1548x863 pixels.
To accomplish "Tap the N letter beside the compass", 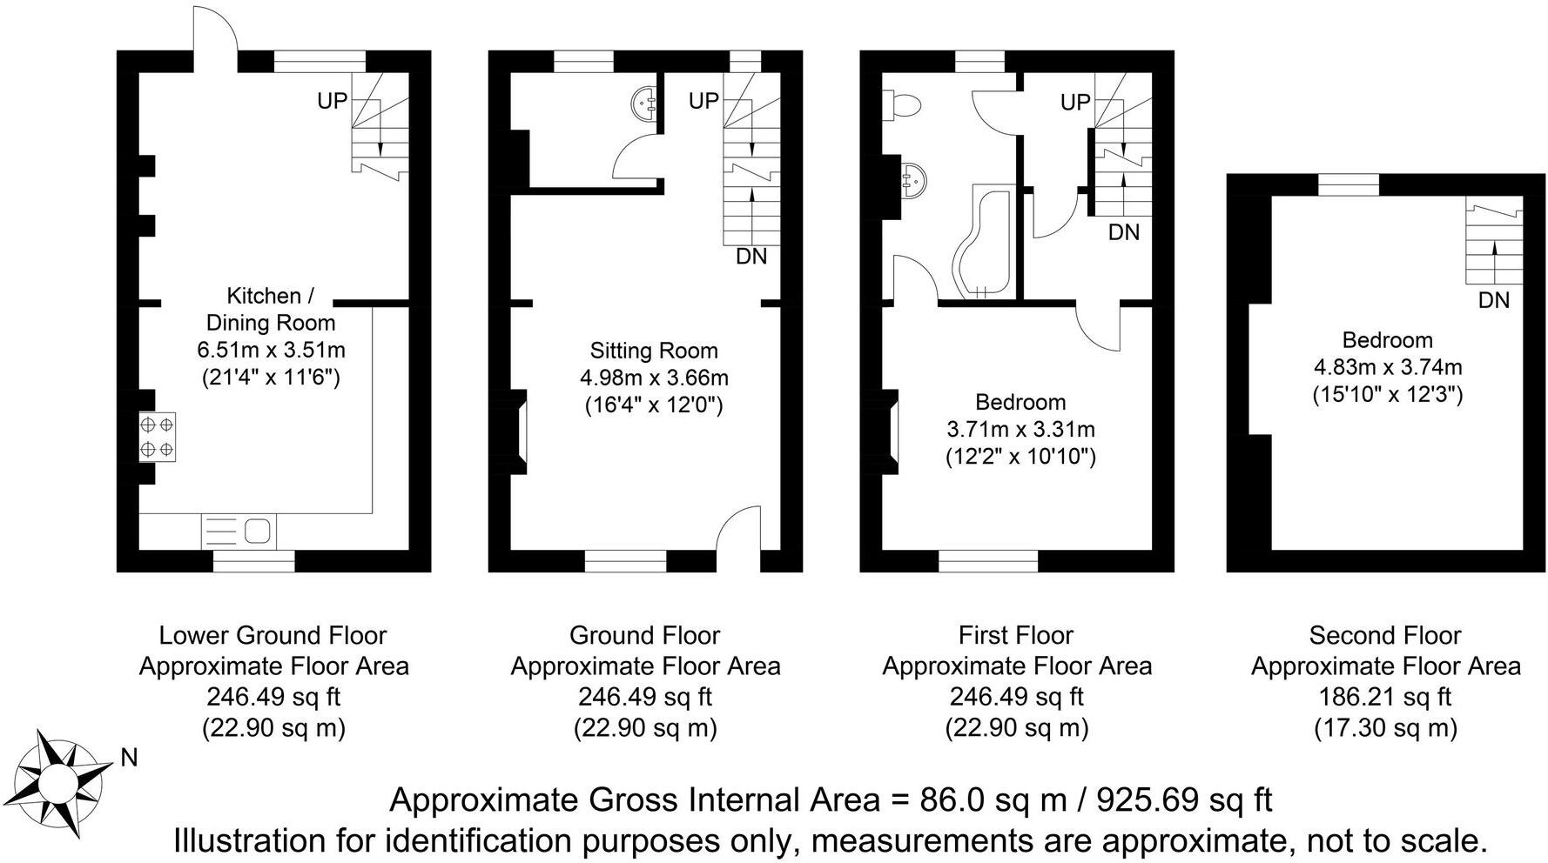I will click(130, 759).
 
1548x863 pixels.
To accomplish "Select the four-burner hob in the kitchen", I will click(158, 437).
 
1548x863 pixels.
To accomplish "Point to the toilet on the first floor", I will click(901, 104).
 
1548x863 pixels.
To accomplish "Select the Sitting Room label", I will click(654, 351).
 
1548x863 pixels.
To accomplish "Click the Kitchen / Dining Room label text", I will click(270, 309).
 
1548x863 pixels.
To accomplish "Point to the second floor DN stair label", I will click(1494, 301).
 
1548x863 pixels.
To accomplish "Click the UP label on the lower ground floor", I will click(332, 102).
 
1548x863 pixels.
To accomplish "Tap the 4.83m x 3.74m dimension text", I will click(1387, 367).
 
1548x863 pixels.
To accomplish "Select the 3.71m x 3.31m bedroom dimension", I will click(1020, 429).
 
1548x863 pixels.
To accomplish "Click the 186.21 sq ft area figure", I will click(1385, 697).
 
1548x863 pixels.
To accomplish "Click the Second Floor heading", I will click(1385, 635).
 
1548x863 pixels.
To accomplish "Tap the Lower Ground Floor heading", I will click(273, 635).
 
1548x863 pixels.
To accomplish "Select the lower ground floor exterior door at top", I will click(213, 30).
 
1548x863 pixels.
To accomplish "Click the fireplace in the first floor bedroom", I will click(892, 432).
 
